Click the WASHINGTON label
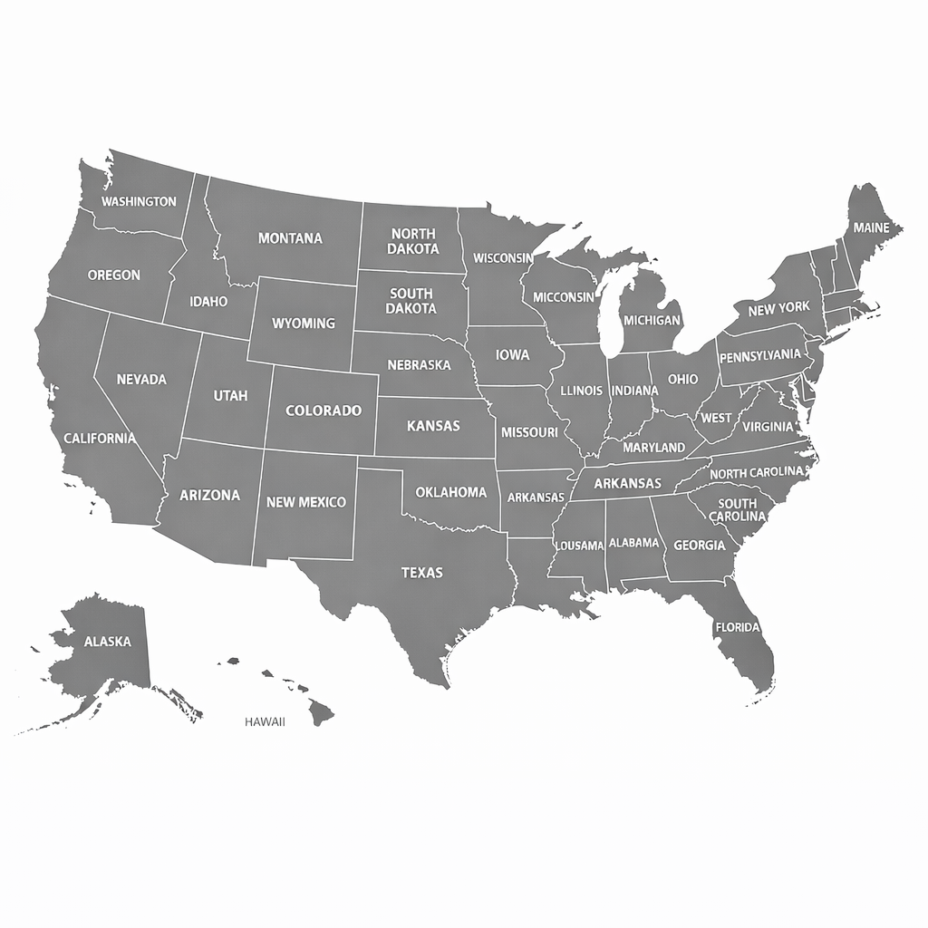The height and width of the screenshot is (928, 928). tap(139, 201)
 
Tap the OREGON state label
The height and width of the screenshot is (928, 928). tap(114, 275)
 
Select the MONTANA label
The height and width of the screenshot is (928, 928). tap(290, 238)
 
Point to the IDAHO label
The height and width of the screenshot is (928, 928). tap(208, 302)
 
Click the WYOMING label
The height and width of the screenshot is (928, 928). tap(304, 323)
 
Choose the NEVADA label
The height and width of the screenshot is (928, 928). tap(142, 380)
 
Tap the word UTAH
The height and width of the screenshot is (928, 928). tap(229, 396)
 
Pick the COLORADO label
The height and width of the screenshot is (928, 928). tap(324, 411)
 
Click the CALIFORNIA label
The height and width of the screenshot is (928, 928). tap(100, 439)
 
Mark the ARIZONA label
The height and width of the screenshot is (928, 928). tap(210, 496)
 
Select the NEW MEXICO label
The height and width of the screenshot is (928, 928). tap(306, 502)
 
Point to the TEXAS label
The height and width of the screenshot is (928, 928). tap(422, 573)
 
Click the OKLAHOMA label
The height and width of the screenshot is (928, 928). tap(451, 493)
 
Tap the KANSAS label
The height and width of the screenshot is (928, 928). tap(433, 426)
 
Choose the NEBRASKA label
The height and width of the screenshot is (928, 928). tap(419, 365)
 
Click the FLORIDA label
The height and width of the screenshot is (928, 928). tap(738, 627)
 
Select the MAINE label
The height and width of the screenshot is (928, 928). tap(872, 227)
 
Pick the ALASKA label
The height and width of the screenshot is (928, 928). tap(108, 642)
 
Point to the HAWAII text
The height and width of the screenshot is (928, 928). tap(265, 722)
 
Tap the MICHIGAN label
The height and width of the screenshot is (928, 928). tap(652, 321)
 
